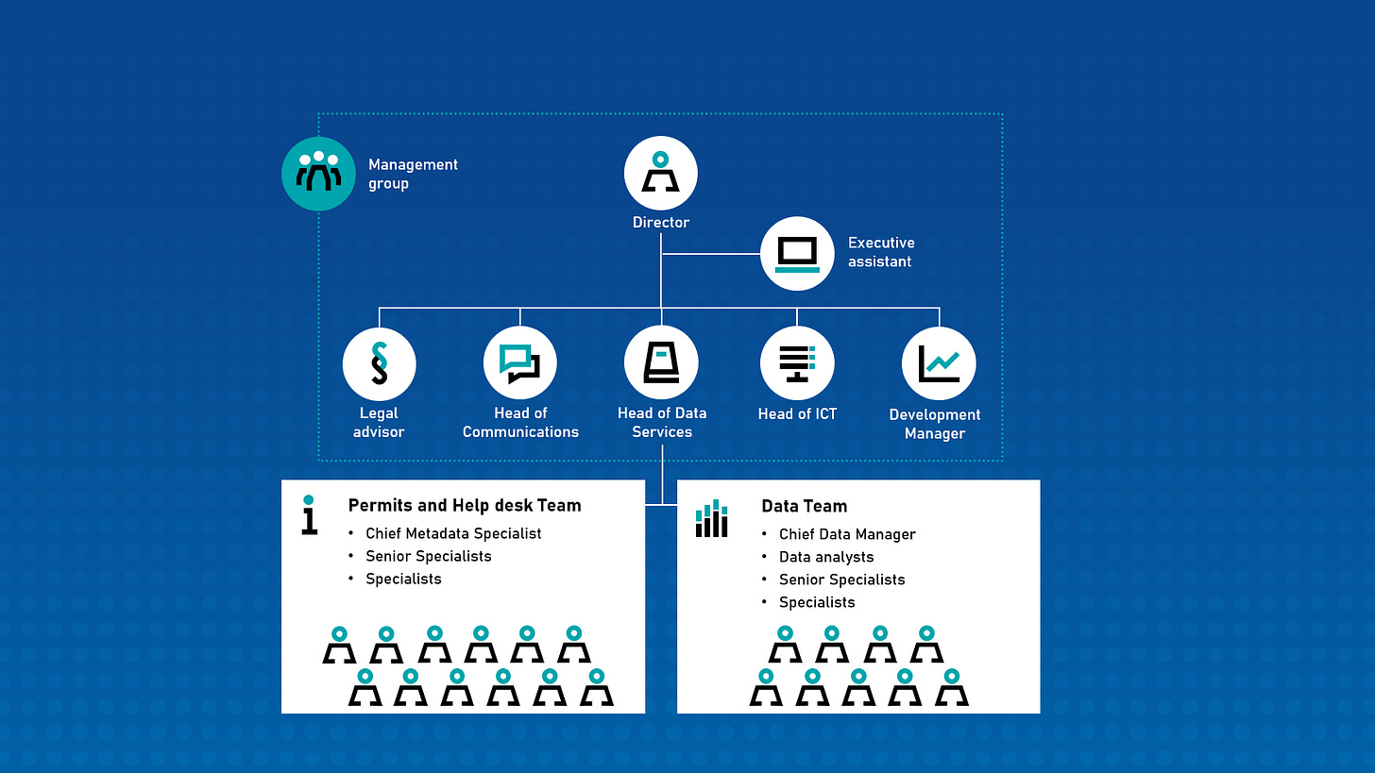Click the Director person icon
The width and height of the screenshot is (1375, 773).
pyautogui.click(x=660, y=173)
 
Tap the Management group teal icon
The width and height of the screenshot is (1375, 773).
pyautogui.click(x=318, y=174)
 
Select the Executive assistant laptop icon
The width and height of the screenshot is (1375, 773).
pyautogui.click(x=797, y=253)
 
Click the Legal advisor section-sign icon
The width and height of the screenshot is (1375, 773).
pyautogui.click(x=380, y=363)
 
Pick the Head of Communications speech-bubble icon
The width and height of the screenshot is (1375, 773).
pyautogui.click(x=520, y=363)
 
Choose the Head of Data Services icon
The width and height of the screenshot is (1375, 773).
pyautogui.click(x=661, y=362)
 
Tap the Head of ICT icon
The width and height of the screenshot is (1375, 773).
pyautogui.click(x=797, y=363)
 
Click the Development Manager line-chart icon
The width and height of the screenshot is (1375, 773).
pyautogui.click(x=939, y=363)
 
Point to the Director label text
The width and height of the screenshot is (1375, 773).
pyautogui.click(x=661, y=222)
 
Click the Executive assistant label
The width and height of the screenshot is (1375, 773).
pyautogui.click(x=881, y=252)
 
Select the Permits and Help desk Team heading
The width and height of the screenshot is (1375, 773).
pyautogui.click(x=465, y=506)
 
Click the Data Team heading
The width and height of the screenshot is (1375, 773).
pyautogui.click(x=805, y=506)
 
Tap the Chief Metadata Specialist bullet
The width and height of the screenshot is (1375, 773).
pyautogui.click(x=453, y=534)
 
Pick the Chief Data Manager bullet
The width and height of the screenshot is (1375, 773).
pyautogui.click(x=847, y=534)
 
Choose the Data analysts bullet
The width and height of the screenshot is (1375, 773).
pyautogui.click(x=826, y=557)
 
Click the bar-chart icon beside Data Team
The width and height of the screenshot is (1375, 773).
pyautogui.click(x=711, y=518)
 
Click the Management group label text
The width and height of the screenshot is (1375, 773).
pyautogui.click(x=413, y=175)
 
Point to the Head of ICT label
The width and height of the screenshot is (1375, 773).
pyautogui.click(x=797, y=414)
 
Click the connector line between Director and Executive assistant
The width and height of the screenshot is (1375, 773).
pyautogui.click(x=711, y=253)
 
